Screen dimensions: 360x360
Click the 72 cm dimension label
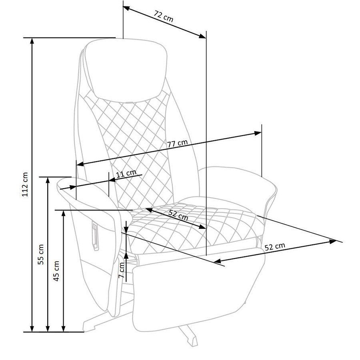click(164, 16)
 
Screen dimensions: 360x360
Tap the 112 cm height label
click(25, 184)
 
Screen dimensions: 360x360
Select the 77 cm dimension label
click(177, 144)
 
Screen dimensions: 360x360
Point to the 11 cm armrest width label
click(126, 174)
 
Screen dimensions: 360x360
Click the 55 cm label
click(41, 254)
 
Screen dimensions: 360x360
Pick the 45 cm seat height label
click(56, 271)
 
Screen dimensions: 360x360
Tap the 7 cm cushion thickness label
click(121, 270)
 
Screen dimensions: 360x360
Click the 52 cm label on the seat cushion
click(178, 215)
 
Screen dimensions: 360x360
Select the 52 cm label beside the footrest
click(275, 246)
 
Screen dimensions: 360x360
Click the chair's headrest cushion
click(126, 71)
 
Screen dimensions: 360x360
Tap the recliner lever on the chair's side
click(95, 236)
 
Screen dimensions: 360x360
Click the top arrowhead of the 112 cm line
click(32, 41)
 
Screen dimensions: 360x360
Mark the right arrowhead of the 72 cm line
click(202, 36)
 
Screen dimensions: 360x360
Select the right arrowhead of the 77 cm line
click(258, 133)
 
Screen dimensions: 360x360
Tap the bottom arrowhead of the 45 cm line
click(64, 328)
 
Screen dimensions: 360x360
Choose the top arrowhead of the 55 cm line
click(48, 180)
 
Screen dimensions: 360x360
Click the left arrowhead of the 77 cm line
click(80, 164)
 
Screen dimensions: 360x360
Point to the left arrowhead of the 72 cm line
click(127, 8)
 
